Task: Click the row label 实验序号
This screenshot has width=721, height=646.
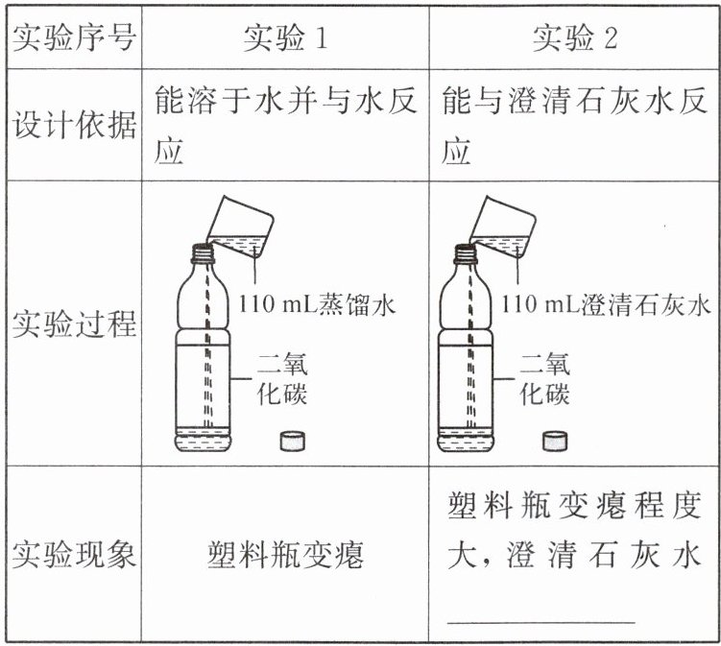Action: [x=74, y=36]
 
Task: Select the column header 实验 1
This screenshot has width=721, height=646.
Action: [x=285, y=36]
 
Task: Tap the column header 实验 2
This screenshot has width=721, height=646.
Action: [x=575, y=36]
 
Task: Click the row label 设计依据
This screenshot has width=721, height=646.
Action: [x=74, y=125]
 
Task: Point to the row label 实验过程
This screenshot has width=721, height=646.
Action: [x=74, y=323]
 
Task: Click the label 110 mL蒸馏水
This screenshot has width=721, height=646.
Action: [x=317, y=304]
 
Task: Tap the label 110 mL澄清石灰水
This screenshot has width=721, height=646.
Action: [x=606, y=304]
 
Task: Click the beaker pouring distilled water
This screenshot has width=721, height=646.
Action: [x=240, y=226]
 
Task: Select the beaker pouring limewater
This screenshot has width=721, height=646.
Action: [x=502, y=226]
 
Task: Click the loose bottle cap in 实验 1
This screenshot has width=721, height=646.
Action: [x=293, y=441]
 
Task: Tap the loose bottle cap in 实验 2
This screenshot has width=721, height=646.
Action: [x=555, y=441]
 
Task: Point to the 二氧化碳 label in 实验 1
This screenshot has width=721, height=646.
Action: [x=282, y=379]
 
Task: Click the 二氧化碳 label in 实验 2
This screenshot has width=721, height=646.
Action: [x=545, y=379]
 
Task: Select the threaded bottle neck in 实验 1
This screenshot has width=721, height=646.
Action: [x=203, y=253]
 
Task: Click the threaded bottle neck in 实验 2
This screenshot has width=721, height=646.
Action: [x=467, y=253]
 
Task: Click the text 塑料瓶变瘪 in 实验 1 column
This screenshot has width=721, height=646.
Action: [x=285, y=554]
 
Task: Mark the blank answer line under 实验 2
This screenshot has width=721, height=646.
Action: [x=541, y=623]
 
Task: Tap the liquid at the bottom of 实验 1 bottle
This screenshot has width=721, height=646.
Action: [x=203, y=440]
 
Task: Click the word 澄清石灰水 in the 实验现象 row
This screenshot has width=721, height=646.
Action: [x=604, y=554]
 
